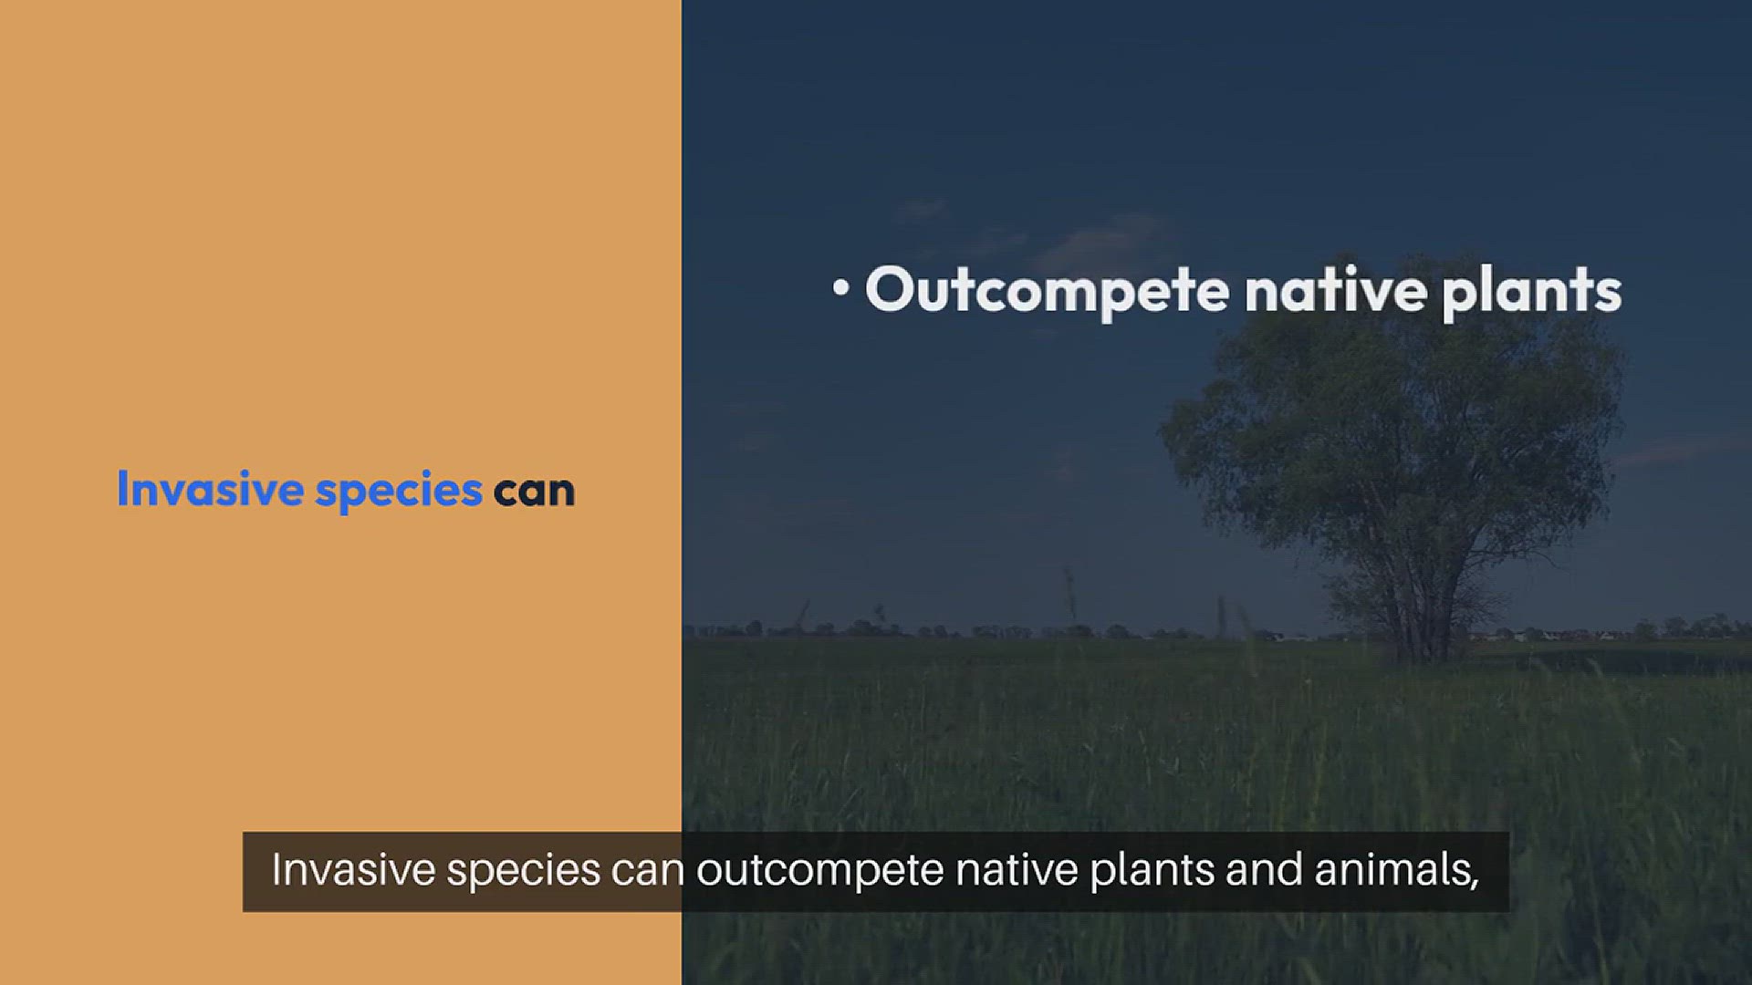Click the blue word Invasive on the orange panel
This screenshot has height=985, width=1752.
pos(210,489)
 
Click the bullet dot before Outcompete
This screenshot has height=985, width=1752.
pos(841,287)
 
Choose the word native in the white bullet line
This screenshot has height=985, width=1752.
pos(1336,290)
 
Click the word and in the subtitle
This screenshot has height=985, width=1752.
pos(1264,869)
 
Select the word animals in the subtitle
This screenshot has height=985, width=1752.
pos(1390,869)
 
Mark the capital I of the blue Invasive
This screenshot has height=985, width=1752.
pos(122,489)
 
